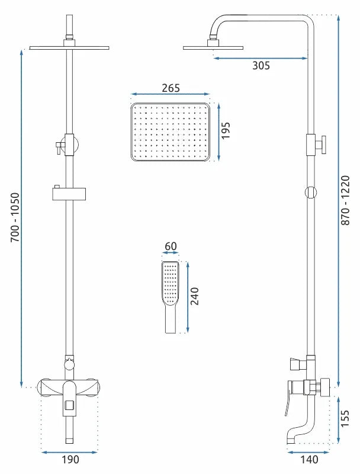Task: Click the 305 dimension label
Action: point(261,66)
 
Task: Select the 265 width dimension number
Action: point(170,88)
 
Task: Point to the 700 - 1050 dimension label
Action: point(14,216)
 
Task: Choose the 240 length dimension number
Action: point(195,296)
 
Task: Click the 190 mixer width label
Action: point(70,459)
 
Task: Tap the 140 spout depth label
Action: point(308,459)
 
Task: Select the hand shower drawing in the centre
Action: point(170,296)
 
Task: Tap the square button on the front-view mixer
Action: point(69,406)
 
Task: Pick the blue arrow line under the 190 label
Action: point(70,451)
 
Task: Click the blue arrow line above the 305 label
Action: point(261,57)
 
